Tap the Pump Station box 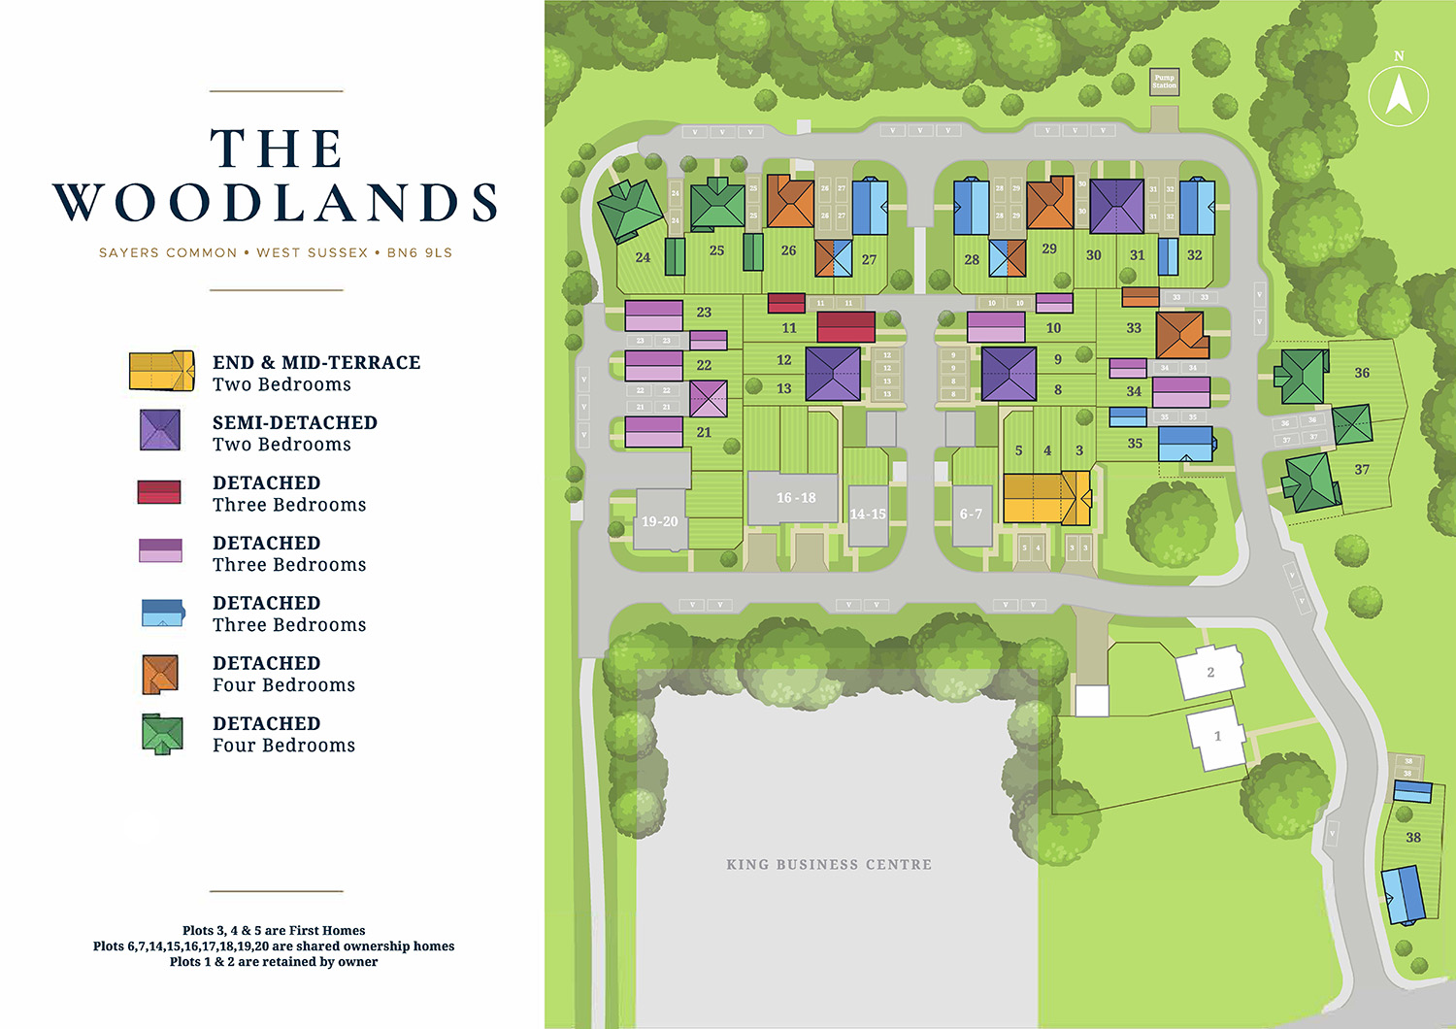1164,82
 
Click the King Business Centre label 829,864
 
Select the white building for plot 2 1209,672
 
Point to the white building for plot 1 1216,737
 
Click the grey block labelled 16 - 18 794,498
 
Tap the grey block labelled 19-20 660,521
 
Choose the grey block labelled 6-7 971,514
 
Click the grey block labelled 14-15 867,514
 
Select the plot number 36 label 1362,373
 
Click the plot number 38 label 1413,837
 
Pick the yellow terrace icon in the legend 161,371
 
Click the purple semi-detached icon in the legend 160,430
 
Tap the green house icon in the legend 161,734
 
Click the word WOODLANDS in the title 276,203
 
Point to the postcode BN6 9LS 419,252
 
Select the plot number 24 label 643,257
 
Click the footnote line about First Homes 274,930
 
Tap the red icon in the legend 159,491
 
